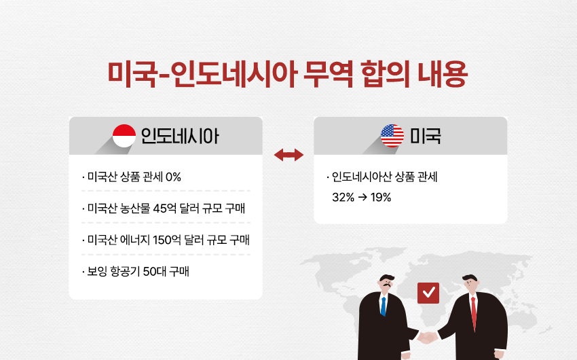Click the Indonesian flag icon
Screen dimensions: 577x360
tap(124, 136)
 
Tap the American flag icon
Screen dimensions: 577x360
tap(392, 136)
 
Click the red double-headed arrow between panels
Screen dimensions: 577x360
tap(289, 155)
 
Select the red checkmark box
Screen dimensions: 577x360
tap(428, 293)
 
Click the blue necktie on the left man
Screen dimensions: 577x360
tap(383, 306)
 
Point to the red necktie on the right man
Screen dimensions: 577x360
tap(474, 314)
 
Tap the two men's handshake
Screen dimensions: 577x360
tap(427, 337)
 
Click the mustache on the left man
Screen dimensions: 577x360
tap(387, 285)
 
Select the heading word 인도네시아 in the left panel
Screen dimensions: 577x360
tap(180, 136)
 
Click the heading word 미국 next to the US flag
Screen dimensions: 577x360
tap(426, 136)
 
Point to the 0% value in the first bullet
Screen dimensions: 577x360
tap(173, 177)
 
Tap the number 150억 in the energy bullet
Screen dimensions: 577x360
tap(167, 240)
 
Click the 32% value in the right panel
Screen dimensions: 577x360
tap(343, 197)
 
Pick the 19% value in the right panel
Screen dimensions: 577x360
tap(381, 197)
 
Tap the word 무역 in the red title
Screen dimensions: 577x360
tap(328, 74)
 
